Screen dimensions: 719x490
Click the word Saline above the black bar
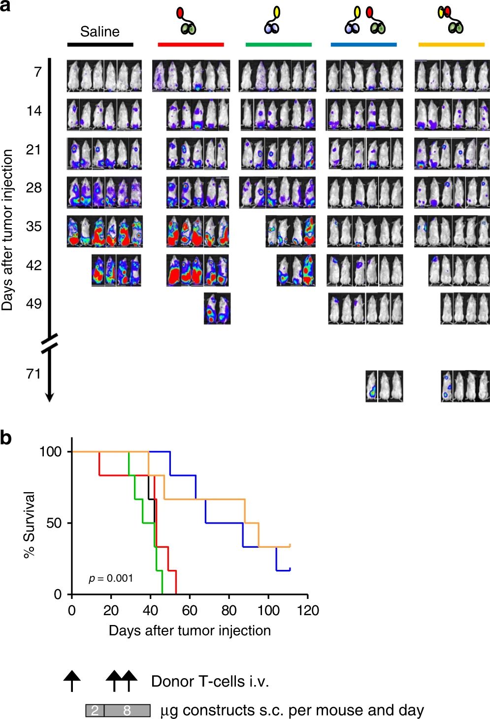coord(100,32)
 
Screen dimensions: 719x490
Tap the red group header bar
coord(191,45)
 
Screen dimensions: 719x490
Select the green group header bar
coord(278,45)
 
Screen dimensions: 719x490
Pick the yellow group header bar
coord(451,45)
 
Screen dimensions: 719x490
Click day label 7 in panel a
coord(37,72)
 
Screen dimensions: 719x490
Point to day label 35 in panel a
coord(33,227)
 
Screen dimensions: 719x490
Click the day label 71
coord(33,374)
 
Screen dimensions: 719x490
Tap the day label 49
coord(33,304)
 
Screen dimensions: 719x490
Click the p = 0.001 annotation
coord(111,578)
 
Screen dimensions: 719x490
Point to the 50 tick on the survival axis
coord(54,523)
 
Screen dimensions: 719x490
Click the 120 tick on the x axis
coord(308,611)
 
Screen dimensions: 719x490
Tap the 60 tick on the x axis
coord(190,611)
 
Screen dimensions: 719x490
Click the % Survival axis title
coord(30,524)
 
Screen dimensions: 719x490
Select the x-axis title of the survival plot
coord(190,631)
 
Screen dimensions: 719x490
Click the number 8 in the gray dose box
coord(127,711)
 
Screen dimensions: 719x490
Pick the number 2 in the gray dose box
coord(95,711)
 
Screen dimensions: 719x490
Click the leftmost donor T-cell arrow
coord(72,680)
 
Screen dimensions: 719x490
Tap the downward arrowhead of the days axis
coord(49,397)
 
